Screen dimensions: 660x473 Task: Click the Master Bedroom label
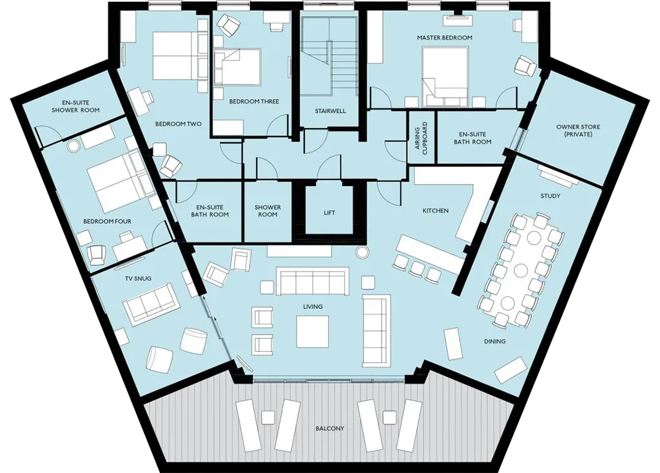coord(445,37)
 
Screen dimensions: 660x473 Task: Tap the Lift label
coord(329,213)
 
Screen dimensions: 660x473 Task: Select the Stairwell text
coord(331,111)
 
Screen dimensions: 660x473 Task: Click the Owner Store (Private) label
coord(578,131)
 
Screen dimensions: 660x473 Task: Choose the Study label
coord(550,196)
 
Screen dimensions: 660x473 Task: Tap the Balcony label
coord(329,429)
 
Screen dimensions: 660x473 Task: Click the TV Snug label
coord(138,279)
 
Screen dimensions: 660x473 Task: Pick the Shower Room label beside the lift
coord(267,210)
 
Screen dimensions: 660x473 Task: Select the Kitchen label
coord(436,210)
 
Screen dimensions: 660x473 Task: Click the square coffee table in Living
coord(313,331)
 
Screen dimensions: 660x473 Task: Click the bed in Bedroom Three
coord(237,66)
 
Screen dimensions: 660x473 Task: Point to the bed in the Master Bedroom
coord(445,77)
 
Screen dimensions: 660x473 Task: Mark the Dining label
coord(494,342)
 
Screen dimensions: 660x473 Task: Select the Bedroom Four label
coord(107,221)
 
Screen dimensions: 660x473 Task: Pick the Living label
coord(313,306)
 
